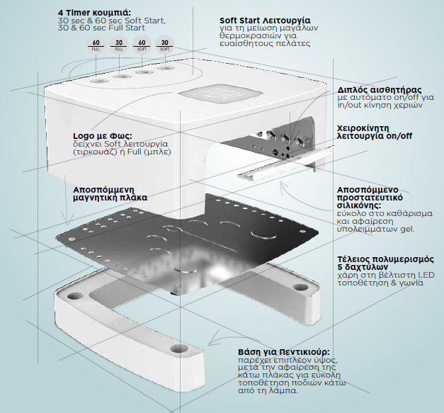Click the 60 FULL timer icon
click(96, 45)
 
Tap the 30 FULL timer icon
click(119, 45)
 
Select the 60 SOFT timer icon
click(142, 45)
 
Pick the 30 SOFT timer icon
click(165, 45)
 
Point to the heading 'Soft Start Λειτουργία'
click(265, 21)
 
